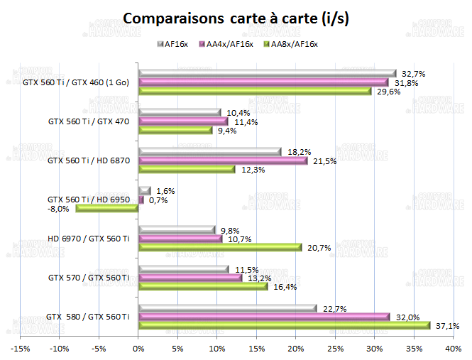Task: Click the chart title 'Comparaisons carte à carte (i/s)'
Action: [236, 18]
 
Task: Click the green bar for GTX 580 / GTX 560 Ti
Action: [285, 325]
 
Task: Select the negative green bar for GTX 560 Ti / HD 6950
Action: [107, 208]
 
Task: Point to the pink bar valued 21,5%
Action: [224, 160]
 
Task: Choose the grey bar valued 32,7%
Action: [268, 73]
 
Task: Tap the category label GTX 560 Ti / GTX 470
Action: [88, 121]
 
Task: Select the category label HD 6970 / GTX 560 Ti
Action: [88, 239]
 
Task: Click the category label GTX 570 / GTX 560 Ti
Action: [88, 277]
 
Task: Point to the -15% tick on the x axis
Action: [20, 349]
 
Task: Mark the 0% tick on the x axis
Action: [139, 349]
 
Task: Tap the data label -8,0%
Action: [59, 209]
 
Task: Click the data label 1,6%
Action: [165, 191]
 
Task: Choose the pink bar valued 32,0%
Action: [265, 316]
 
